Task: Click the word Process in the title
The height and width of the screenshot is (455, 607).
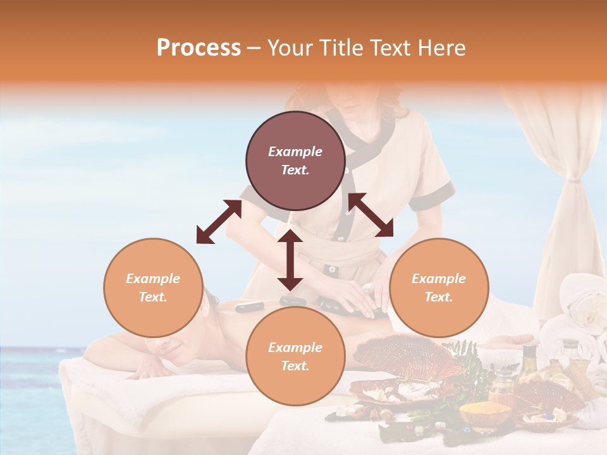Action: (x=199, y=48)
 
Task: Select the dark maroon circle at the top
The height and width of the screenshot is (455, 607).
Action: (x=295, y=161)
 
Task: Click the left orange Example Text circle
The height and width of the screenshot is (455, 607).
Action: (x=153, y=288)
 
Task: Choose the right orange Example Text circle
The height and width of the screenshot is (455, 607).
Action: (x=439, y=288)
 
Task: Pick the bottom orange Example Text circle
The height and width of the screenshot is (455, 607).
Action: (x=295, y=356)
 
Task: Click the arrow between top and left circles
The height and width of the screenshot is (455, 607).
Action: (x=219, y=222)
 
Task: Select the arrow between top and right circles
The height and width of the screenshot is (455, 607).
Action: (x=371, y=215)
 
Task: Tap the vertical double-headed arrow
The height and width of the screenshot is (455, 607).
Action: (x=290, y=260)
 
